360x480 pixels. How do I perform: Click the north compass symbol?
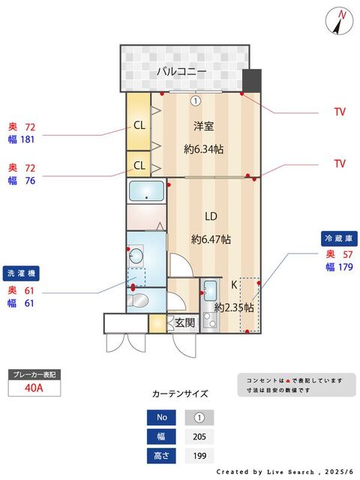pos(339,21)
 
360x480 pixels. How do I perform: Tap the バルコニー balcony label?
pos(181,72)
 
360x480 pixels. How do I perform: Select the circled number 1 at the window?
pos(196,100)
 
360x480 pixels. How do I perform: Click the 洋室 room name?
pos(203,126)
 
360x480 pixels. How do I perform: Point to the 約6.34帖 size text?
pos(203,149)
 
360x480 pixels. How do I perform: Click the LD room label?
pos(211,217)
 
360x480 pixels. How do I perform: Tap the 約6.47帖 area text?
pos(211,239)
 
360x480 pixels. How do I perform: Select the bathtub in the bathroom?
pos(146,191)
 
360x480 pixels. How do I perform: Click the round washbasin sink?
pos(136,255)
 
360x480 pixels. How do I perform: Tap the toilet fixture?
pos(138,301)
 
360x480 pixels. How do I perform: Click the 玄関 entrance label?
pos(185,322)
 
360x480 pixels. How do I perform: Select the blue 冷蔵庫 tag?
pos(339,238)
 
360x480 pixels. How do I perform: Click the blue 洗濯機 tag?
pos(21,273)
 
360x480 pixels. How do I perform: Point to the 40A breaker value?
pos(34,388)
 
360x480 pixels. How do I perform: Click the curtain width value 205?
pos(199,436)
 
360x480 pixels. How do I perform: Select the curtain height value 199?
pos(199,456)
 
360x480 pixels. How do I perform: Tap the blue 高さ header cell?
pos(161,456)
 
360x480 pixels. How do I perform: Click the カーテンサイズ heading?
pos(180,394)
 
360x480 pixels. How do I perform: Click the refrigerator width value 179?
pos(345,267)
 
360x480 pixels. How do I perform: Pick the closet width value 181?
pos(27,139)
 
